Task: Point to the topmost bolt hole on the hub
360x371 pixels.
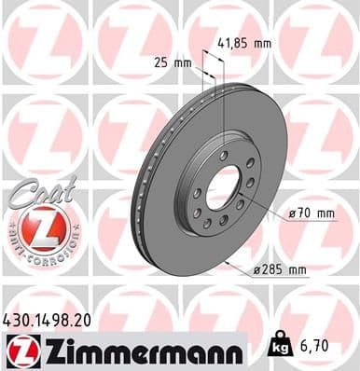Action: [x=224, y=154]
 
